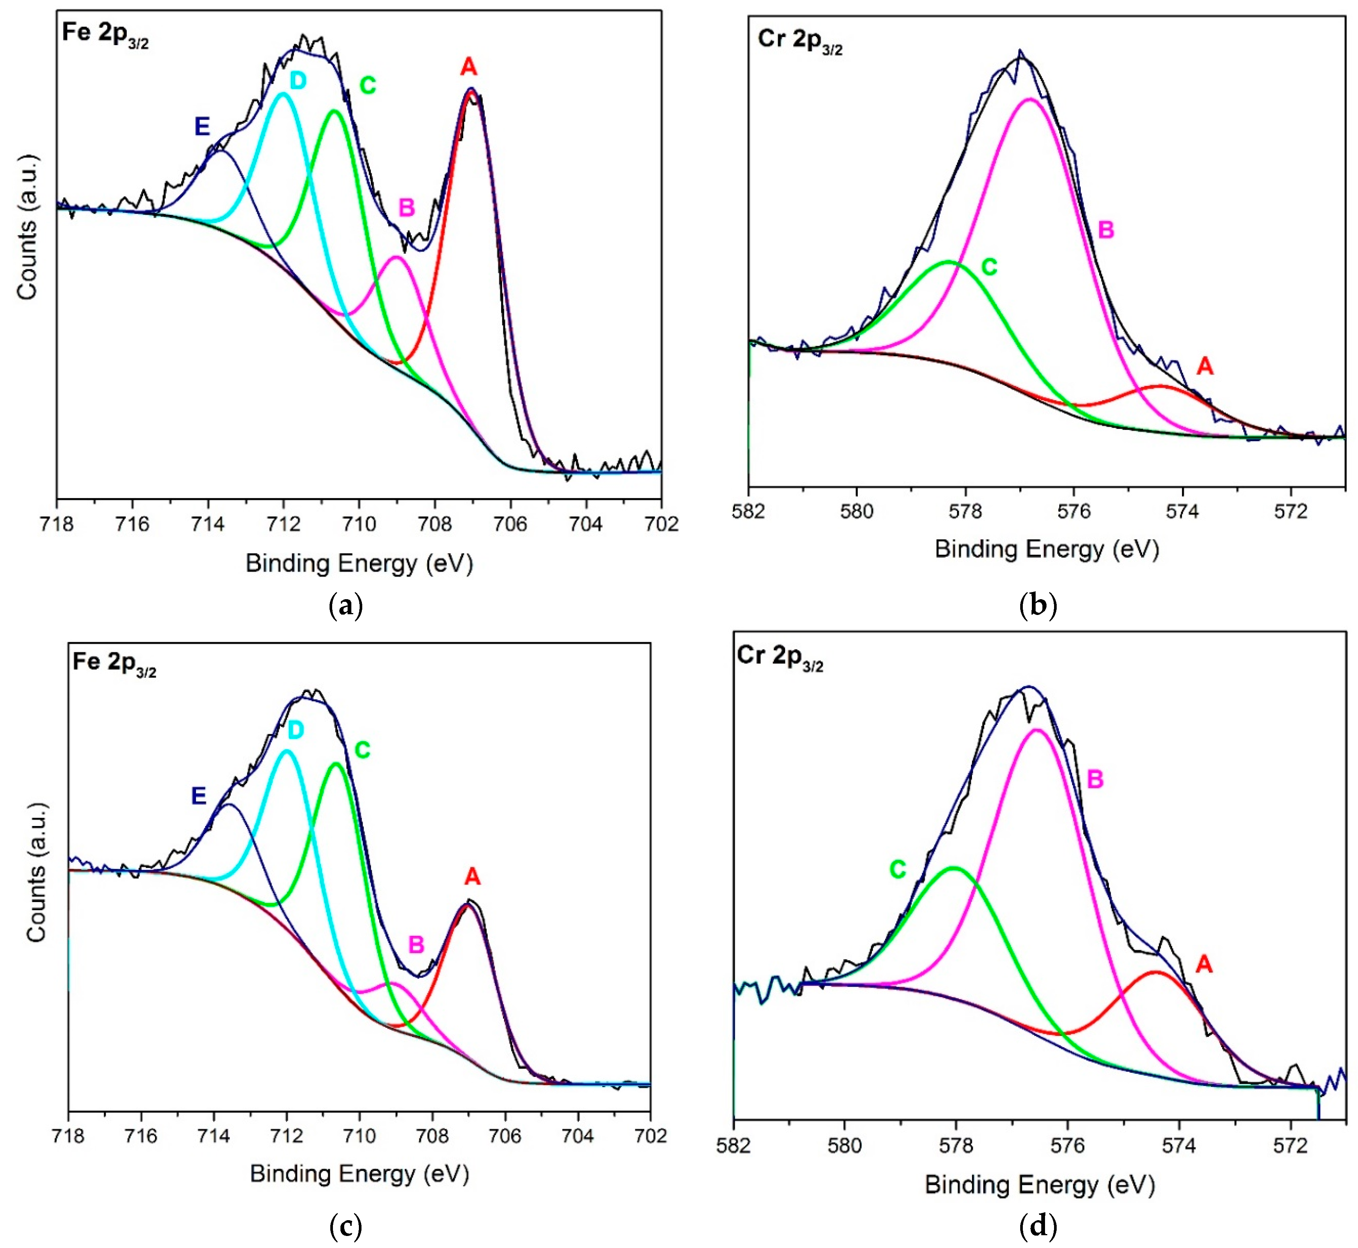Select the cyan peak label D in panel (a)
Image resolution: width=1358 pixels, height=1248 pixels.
coord(298,81)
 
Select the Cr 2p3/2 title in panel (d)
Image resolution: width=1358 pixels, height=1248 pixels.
coord(779,656)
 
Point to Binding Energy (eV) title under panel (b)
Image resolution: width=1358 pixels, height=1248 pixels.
coord(1046,549)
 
